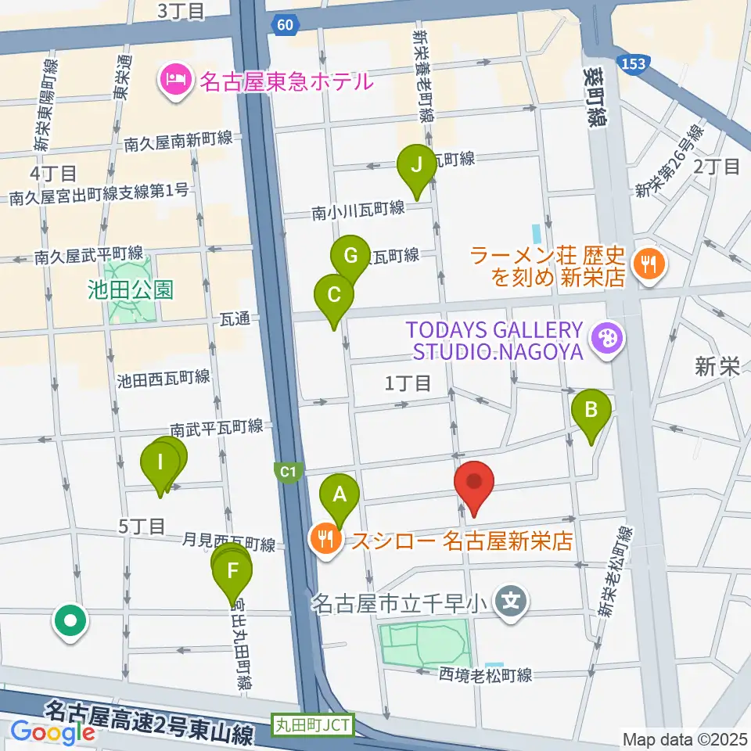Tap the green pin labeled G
tap(350, 256)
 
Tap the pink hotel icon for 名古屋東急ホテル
tap(173, 80)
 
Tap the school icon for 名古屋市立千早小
tap(512, 602)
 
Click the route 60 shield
tap(286, 27)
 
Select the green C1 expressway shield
tap(287, 472)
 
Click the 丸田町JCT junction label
tap(313, 724)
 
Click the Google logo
tap(53, 732)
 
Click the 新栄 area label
tap(717, 367)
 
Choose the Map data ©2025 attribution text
tap(685, 738)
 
